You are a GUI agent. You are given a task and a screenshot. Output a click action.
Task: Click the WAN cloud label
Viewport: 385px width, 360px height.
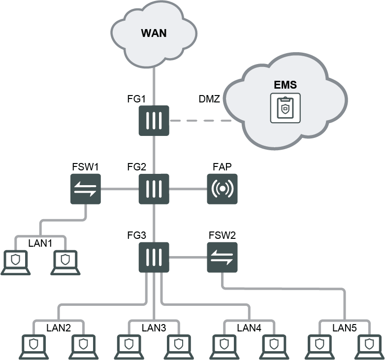(x=154, y=33)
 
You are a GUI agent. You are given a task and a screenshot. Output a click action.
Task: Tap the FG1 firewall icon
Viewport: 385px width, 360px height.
(x=154, y=120)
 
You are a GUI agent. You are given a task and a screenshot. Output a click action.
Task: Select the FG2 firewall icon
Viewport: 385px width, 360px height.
(x=154, y=189)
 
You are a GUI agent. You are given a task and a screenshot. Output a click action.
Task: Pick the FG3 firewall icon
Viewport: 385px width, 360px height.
(x=154, y=257)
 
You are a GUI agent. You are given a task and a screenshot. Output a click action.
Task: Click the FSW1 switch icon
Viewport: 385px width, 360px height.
(x=86, y=189)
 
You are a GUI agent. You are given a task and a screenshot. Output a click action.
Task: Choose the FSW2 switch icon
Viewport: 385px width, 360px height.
(x=222, y=257)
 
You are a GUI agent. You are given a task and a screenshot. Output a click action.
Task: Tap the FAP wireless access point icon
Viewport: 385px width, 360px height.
(x=222, y=189)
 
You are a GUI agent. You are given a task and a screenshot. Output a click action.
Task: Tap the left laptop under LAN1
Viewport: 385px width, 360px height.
(x=16, y=262)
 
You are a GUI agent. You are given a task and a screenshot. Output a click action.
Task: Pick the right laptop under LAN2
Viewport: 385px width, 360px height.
(x=83, y=347)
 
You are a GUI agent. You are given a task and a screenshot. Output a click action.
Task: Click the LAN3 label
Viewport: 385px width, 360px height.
(x=154, y=327)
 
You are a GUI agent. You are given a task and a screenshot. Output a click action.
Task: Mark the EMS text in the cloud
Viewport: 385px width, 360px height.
(x=285, y=85)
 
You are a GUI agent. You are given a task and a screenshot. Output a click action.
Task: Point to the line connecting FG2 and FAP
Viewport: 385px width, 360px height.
(x=188, y=189)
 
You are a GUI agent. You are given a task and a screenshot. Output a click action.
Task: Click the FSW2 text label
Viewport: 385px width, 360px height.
(x=222, y=235)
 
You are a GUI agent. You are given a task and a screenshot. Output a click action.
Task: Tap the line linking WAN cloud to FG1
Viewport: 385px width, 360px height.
(x=154, y=79)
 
